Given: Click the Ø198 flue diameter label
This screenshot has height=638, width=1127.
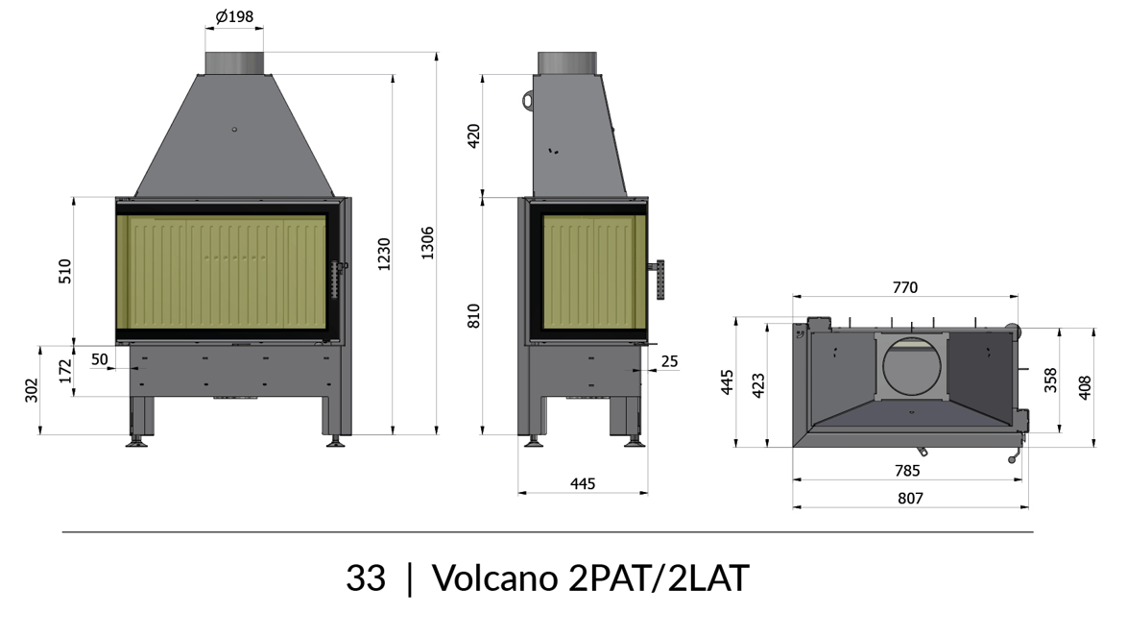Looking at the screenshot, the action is point(234,15).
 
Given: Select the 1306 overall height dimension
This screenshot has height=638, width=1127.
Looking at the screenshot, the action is point(427,243).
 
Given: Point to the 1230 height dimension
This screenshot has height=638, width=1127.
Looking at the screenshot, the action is point(385,254).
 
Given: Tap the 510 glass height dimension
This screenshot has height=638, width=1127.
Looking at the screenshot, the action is point(65,271).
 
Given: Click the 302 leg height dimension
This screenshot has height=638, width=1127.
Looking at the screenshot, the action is point(33,390).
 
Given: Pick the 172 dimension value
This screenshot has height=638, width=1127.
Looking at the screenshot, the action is point(65,371).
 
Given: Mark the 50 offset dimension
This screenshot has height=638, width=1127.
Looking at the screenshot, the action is point(99,359).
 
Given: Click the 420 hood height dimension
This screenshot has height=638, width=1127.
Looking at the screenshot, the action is point(473,135).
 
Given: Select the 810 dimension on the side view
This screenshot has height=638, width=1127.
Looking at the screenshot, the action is point(473,316).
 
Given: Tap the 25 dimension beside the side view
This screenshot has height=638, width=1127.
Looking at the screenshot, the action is point(669,361).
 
